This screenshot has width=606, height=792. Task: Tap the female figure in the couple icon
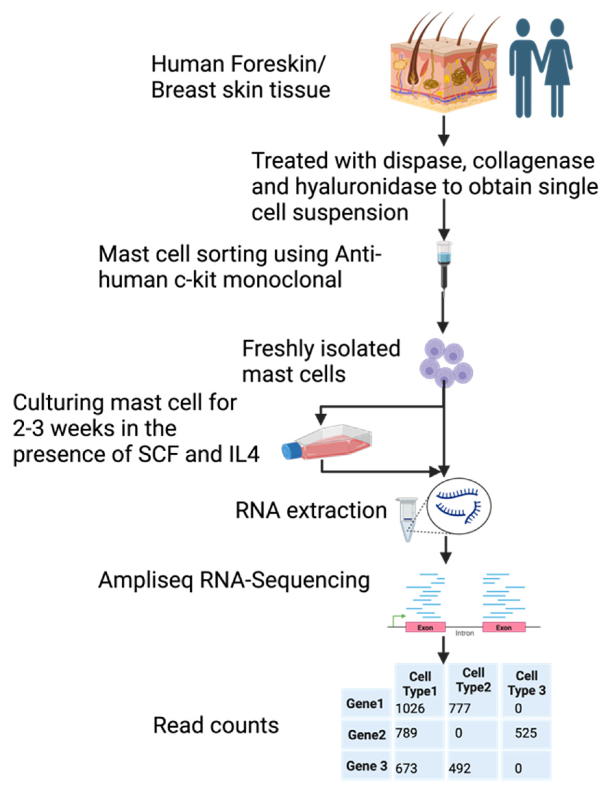pyautogui.click(x=557, y=68)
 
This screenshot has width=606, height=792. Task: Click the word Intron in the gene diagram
pyautogui.click(x=464, y=633)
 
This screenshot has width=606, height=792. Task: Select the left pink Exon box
pyautogui.click(x=425, y=627)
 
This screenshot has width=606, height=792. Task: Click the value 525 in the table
pyautogui.click(x=525, y=733)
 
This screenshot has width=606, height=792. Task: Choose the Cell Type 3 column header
pyautogui.click(x=526, y=683)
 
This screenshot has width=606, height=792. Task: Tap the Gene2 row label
pyautogui.click(x=366, y=735)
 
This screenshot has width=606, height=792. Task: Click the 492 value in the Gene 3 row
pyautogui.click(x=460, y=769)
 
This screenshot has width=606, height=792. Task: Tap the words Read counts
pyautogui.click(x=216, y=726)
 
